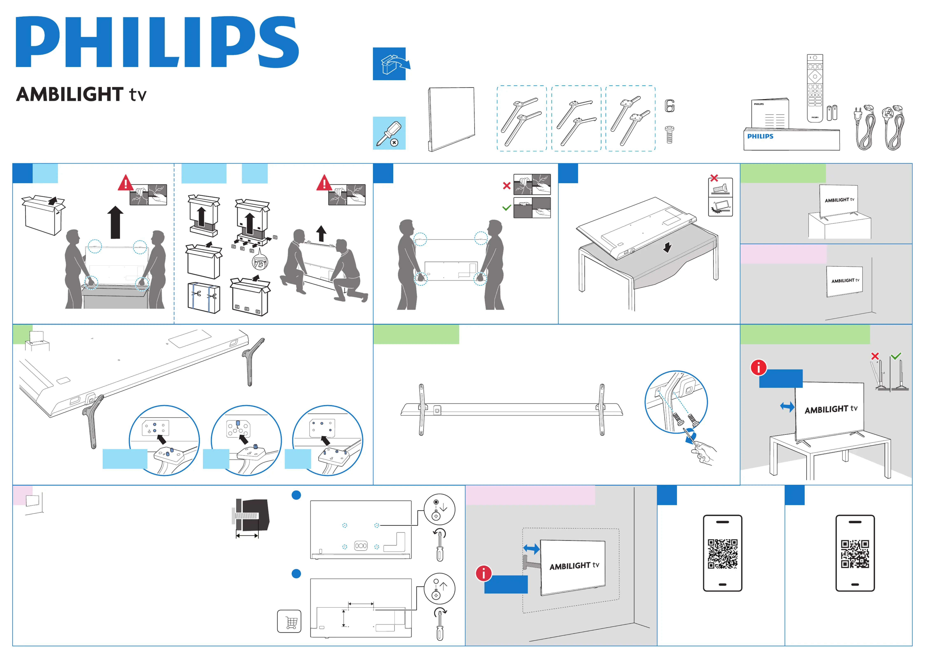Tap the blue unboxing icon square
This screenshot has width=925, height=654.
point(389,64)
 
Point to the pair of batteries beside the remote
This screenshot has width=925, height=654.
point(832,113)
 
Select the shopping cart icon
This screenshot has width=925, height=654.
point(289,621)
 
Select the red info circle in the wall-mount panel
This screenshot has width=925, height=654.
point(483,573)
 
